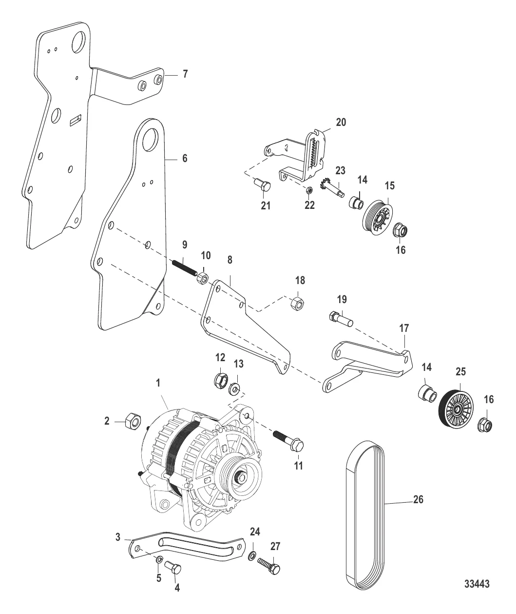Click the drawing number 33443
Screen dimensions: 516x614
point(477,584)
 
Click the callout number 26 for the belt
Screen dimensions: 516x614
point(418,500)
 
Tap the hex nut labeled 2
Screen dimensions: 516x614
point(133,422)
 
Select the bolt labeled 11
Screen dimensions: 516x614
point(288,441)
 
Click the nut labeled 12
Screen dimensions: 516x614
point(221,380)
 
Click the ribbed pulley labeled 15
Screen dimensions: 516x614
point(378,218)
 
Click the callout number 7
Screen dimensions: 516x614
point(185,74)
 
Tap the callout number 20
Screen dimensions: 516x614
point(341,122)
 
